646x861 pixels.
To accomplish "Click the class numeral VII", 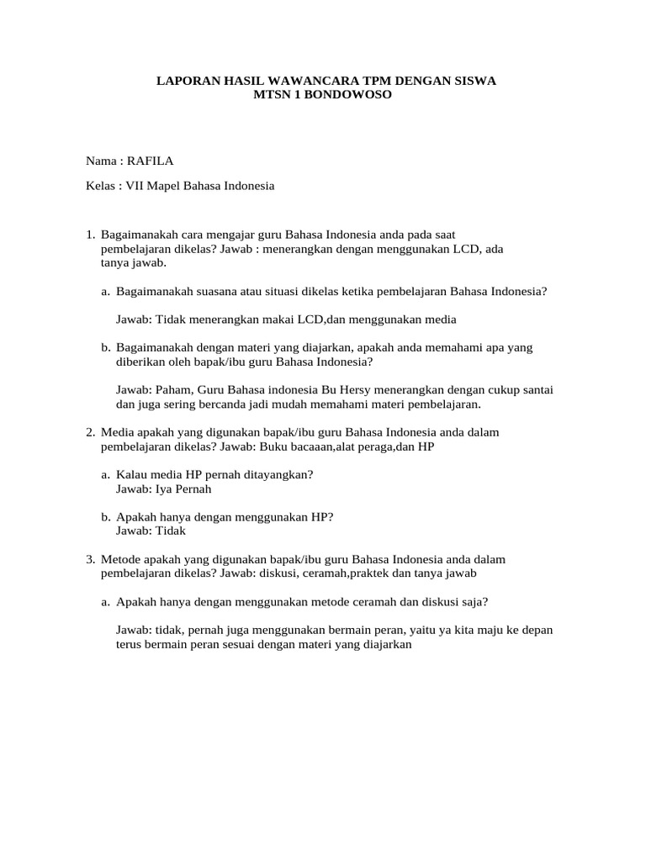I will click(135, 185).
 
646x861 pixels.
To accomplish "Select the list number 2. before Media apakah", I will click(90, 431).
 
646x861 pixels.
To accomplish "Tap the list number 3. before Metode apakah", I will click(90, 558).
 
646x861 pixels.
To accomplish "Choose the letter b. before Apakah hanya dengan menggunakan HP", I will click(106, 516).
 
